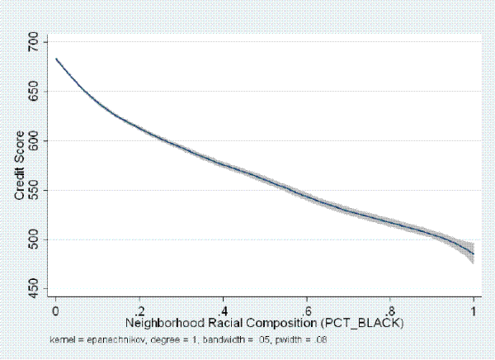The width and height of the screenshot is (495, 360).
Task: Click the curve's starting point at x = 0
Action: (55, 59)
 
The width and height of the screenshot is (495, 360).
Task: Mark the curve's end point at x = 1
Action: (474, 253)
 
